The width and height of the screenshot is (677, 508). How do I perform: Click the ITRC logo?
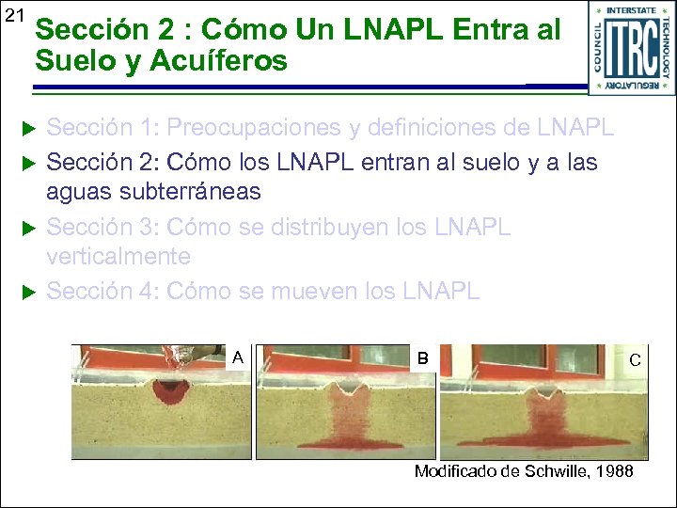point(631,48)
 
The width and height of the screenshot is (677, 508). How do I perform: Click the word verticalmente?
point(118,256)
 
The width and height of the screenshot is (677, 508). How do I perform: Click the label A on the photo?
point(238,357)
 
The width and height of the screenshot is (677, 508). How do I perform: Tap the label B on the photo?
point(422,358)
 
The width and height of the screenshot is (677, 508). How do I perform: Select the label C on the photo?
point(635,360)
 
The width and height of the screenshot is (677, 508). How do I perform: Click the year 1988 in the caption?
point(613,470)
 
